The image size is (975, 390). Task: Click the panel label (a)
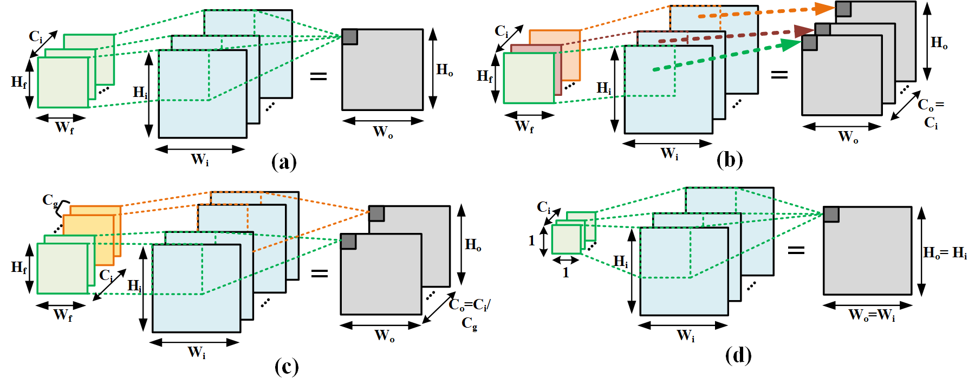284,161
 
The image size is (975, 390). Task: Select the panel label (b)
730,160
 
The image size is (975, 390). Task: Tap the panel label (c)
287,367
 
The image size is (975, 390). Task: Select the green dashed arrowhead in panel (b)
791,44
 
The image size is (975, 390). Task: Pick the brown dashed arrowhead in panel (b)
804,31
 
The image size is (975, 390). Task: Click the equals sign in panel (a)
318,76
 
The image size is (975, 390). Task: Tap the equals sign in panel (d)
796,250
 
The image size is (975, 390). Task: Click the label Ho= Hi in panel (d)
945,253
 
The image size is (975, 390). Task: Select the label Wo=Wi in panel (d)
872,315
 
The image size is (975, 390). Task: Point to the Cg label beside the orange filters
50,200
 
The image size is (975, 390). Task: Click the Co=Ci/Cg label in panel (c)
470,314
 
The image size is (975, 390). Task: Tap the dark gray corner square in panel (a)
350,37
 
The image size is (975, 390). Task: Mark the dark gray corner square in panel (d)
831,214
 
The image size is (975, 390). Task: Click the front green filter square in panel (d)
567,239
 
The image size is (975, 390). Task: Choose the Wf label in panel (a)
64,127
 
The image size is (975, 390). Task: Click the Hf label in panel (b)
485,76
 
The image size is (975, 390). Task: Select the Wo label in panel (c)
385,336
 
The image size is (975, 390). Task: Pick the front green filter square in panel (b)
529,78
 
